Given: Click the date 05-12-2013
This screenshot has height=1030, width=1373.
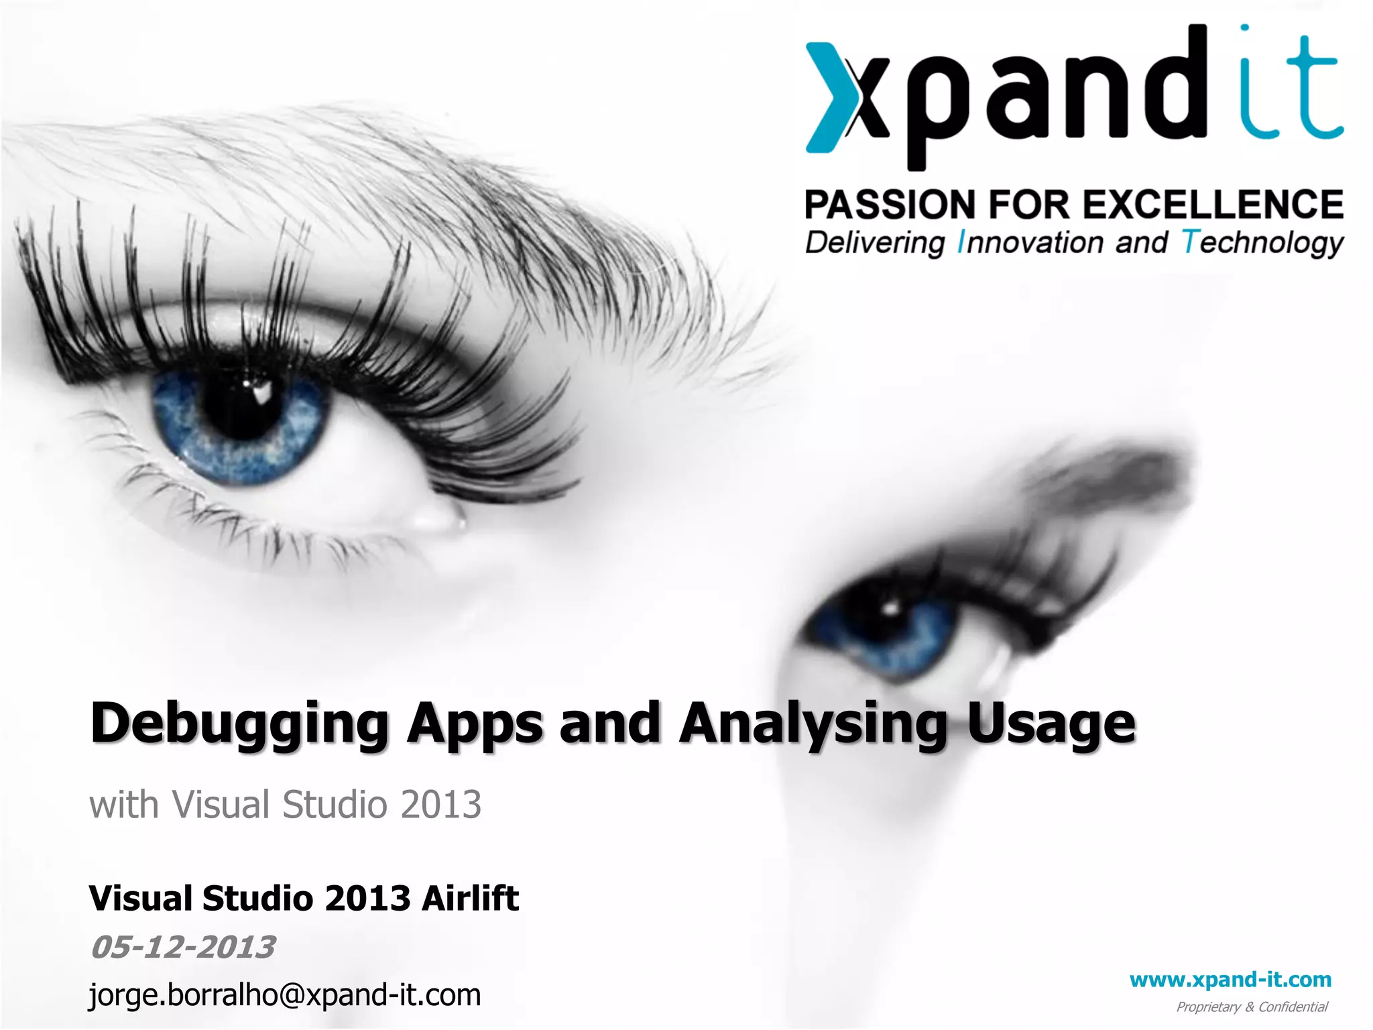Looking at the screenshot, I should [x=182, y=947].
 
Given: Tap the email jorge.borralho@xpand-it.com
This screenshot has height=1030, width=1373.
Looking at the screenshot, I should [x=285, y=994].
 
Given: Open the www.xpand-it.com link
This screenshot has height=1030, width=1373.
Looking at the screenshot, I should [x=1230, y=980].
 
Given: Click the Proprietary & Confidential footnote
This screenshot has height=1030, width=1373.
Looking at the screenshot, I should [x=1252, y=1007].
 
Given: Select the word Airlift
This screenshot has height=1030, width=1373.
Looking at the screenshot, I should [x=470, y=899].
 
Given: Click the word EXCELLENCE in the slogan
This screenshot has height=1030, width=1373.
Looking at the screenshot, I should [x=1213, y=205].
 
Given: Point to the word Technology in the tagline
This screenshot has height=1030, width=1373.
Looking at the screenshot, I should [x=1262, y=243].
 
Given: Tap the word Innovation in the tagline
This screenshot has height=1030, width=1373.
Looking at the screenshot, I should [x=1030, y=243].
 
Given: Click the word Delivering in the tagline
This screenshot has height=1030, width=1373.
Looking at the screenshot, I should [x=875, y=243].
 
